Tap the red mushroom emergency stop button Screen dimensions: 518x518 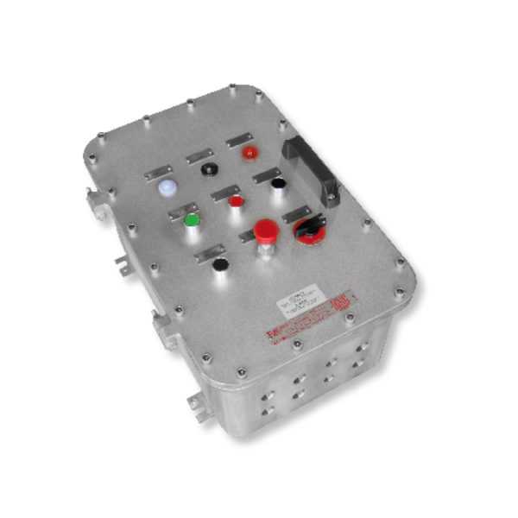pos(266,231)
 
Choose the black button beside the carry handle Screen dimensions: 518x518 pos(277,183)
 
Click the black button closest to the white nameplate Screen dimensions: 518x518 pos(221,264)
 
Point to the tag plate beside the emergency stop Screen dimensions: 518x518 pos(243,235)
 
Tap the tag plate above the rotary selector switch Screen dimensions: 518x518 pos(296,213)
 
